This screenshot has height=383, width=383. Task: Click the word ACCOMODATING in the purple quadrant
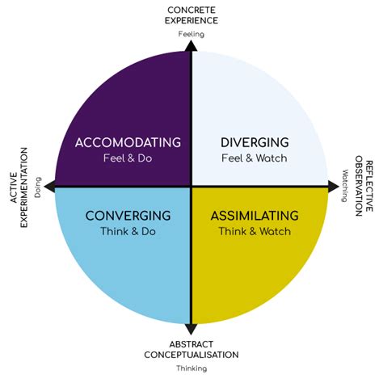point(128,143)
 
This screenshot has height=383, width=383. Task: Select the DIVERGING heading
point(254,143)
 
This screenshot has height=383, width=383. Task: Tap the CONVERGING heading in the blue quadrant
point(128,216)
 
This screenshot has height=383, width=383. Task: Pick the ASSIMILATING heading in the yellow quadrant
point(254,216)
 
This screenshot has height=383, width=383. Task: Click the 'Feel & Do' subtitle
point(128,158)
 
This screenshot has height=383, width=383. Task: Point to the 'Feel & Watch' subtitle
point(254,158)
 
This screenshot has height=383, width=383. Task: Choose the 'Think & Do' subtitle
point(128,231)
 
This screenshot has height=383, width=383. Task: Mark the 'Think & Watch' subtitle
point(254,231)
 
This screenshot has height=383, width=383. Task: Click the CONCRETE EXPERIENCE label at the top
point(191,15)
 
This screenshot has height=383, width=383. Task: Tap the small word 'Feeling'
point(191,34)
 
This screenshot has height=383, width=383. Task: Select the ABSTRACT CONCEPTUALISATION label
point(191,348)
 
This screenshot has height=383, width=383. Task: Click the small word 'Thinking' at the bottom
point(191,368)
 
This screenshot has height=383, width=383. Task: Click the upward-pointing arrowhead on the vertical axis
point(191,46)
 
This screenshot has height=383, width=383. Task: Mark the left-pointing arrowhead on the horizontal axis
point(50,187)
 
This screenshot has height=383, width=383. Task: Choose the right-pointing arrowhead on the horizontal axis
point(333,187)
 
